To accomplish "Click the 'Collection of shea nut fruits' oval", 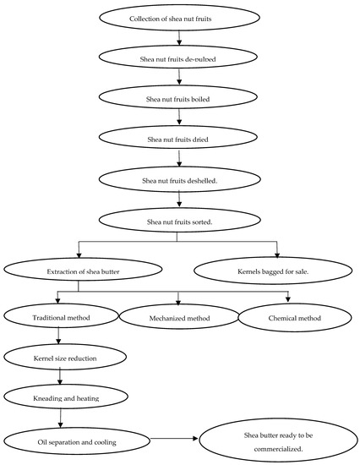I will (180, 18).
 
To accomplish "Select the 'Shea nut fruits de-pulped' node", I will (180, 58).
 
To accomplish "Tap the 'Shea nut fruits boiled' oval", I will (180, 99).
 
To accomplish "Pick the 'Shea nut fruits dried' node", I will (180, 139).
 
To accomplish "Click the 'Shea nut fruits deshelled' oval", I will (180, 179).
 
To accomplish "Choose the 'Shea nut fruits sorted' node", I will (180, 220).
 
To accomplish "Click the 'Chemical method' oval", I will (292, 319).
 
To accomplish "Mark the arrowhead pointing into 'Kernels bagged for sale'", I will (276, 255).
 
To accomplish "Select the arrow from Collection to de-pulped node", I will (180, 38).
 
